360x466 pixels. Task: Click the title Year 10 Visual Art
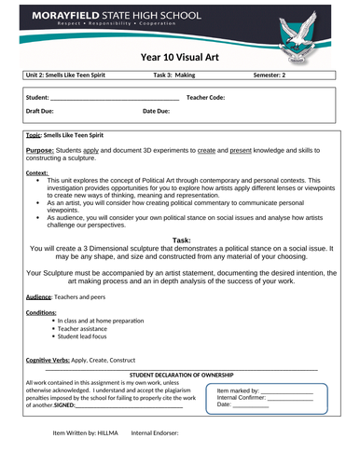coord(179,56)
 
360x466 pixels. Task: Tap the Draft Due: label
coord(46,111)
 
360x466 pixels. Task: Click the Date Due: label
coord(156,111)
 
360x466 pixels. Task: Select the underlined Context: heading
coord(37,172)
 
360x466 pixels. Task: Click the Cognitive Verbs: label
coord(51,359)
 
